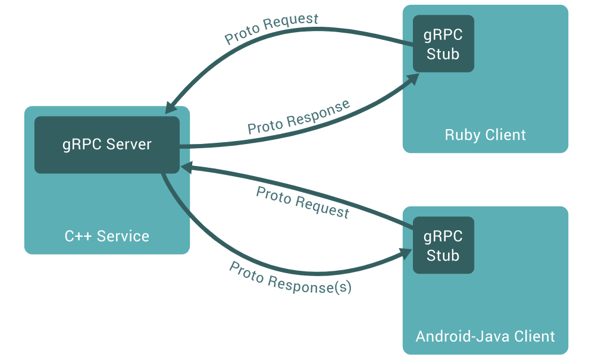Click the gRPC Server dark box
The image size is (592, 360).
(x=107, y=145)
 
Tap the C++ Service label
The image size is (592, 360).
(x=107, y=236)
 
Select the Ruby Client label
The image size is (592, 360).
(x=485, y=135)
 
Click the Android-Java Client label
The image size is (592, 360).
(x=485, y=336)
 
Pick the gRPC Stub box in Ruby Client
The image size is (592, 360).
(x=443, y=43)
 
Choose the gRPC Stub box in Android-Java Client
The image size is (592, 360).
(x=443, y=245)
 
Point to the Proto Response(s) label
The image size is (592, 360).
(x=290, y=278)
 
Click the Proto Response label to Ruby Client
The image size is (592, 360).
(x=298, y=117)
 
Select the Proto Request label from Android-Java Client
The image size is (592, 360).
(x=303, y=202)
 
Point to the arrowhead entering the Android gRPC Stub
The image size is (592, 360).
(x=406, y=253)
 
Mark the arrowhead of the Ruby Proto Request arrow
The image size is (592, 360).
(x=171, y=108)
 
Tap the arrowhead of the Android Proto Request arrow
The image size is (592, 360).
(x=187, y=167)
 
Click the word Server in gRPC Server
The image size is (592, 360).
(x=129, y=145)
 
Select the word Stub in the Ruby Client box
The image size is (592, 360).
(x=443, y=54)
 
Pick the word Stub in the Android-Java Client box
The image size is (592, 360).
(x=443, y=256)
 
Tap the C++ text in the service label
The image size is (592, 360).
(x=78, y=236)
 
